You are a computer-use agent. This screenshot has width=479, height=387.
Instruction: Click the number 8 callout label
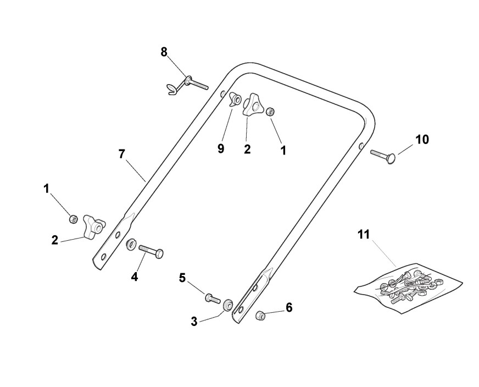164,52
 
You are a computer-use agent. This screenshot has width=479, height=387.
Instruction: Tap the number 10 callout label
422,140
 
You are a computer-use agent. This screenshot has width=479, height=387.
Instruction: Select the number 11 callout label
363,235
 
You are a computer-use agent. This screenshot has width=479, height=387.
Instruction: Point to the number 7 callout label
122,154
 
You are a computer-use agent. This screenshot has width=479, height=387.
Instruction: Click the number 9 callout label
221,149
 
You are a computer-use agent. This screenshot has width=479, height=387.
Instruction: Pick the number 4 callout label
135,277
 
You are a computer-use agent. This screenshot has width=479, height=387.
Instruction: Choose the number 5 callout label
182,278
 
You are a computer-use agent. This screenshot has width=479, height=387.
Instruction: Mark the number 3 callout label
194,322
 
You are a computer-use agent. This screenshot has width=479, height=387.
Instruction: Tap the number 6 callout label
289,307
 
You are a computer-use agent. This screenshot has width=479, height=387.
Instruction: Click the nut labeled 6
261,316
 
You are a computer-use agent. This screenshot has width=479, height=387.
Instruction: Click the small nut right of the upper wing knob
271,112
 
